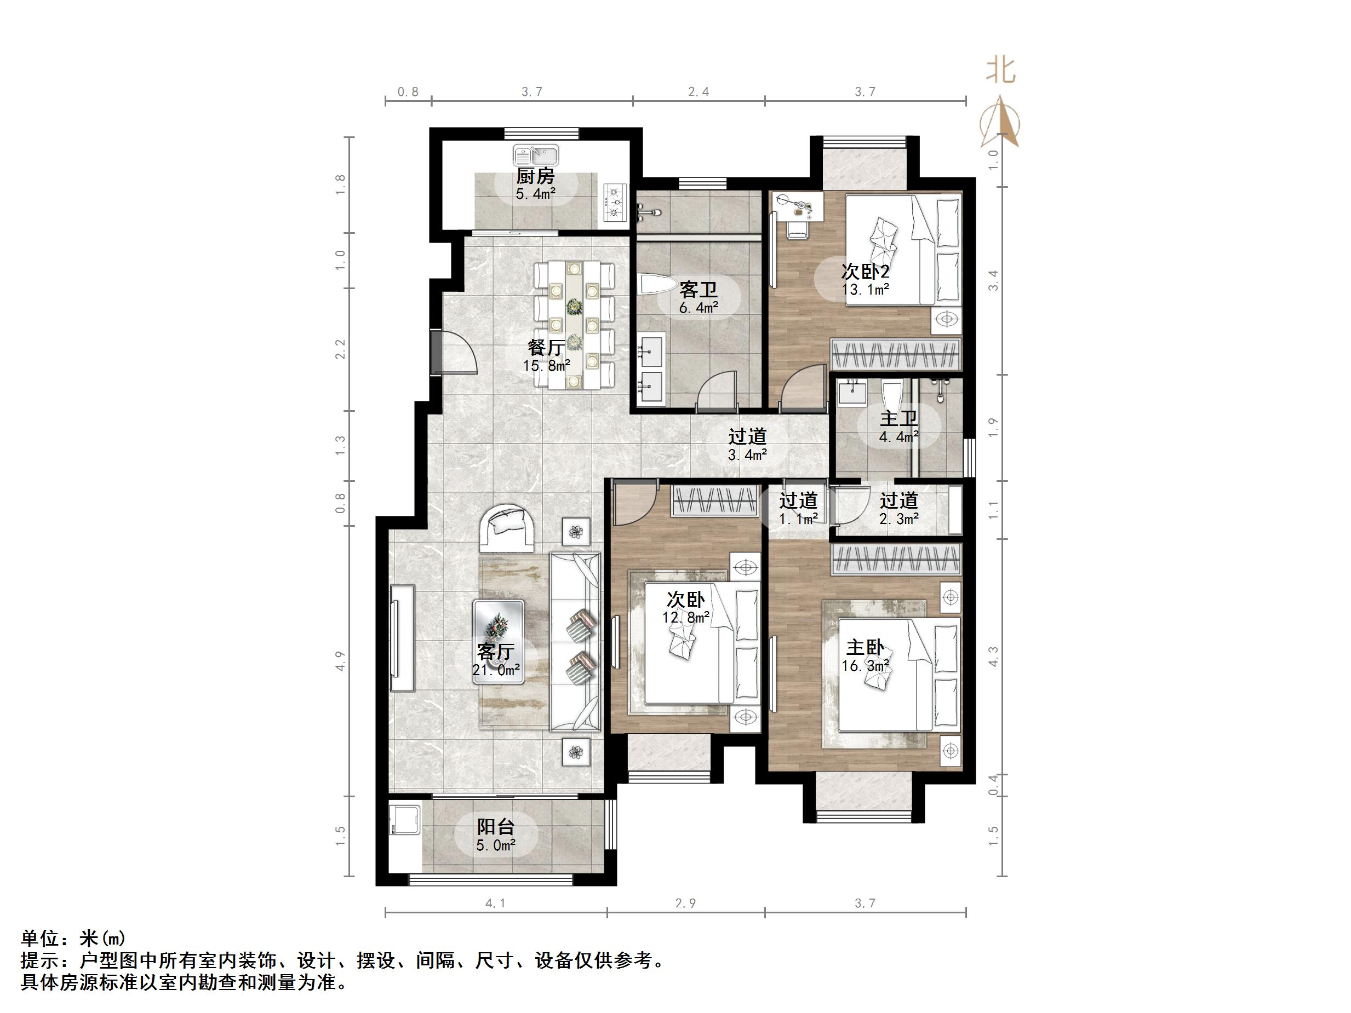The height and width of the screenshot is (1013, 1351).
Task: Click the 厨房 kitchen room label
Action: click(535, 176)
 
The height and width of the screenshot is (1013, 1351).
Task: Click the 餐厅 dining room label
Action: click(546, 348)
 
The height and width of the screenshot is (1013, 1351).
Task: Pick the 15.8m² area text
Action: click(546, 366)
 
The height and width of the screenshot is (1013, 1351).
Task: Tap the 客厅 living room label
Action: click(495, 652)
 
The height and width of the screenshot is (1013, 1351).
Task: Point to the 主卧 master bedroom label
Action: click(865, 647)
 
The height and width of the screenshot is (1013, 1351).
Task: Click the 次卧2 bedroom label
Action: click(865, 271)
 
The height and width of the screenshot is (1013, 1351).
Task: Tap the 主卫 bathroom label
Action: click(898, 419)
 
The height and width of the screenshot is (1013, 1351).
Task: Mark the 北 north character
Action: click(1001, 71)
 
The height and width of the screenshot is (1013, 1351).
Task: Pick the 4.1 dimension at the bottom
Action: click(495, 903)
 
